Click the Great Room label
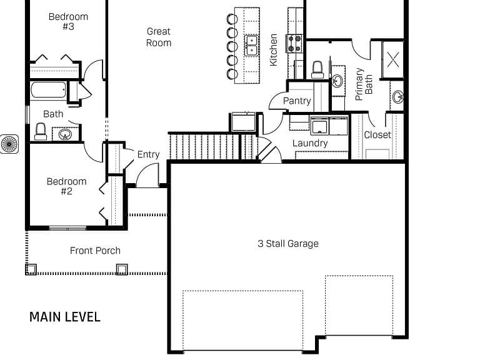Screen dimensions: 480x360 159,37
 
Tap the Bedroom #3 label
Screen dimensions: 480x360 68,21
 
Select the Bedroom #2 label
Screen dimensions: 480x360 66,186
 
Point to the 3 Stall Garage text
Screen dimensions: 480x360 288,244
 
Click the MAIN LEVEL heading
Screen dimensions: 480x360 65,317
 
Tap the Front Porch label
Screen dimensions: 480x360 95,251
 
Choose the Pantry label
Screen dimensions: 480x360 297,101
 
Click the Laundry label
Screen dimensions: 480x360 310,143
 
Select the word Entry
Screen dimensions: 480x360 149,154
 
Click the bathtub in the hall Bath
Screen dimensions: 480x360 48,90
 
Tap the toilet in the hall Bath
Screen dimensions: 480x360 41,132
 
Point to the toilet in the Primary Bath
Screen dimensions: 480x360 317,70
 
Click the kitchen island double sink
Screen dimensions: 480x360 252,46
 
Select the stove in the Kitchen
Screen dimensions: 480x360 294,44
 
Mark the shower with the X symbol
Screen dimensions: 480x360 392,59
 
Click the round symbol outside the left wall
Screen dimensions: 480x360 9,144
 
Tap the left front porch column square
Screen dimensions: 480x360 31,269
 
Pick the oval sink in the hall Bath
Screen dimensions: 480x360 65,134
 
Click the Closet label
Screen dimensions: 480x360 377,135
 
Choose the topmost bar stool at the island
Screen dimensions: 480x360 232,19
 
